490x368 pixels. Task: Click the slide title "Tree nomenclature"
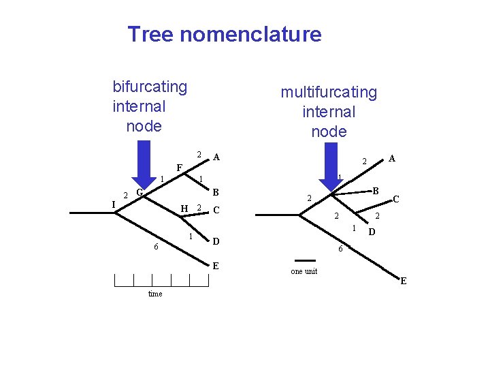coord(224,34)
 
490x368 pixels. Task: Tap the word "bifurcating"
coord(150,87)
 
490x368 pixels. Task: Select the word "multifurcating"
coord(328,91)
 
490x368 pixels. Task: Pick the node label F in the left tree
coord(178,168)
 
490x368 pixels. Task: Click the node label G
coord(139,193)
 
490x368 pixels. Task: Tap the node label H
coord(184,208)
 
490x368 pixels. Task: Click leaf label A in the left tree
coord(216,157)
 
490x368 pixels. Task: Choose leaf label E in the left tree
coord(216,266)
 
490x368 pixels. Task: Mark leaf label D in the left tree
coord(216,241)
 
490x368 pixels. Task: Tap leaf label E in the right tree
coord(404,281)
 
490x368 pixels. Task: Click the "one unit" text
coord(304,271)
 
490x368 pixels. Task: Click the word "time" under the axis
coord(155,294)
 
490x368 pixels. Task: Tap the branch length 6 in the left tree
coord(156,247)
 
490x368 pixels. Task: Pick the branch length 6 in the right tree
coord(340,250)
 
